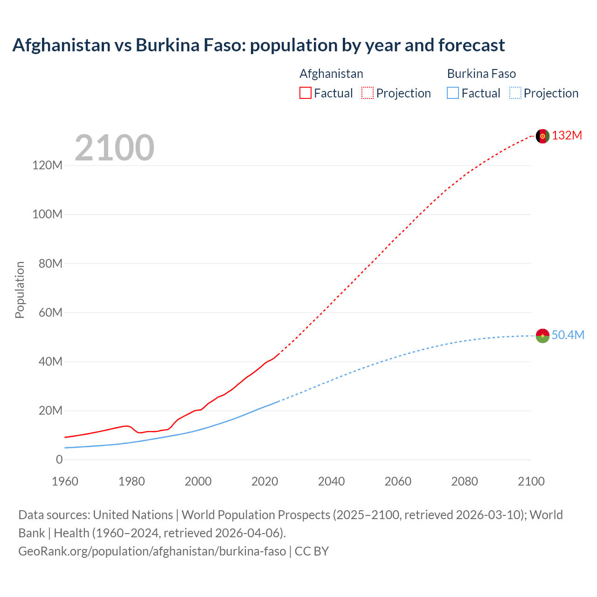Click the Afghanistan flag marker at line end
click(x=542, y=136)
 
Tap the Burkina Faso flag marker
click(x=542, y=336)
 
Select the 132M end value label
click(x=567, y=136)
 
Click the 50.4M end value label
click(x=568, y=335)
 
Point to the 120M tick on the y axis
click(x=47, y=165)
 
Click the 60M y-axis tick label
click(x=50, y=312)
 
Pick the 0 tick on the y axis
click(x=59, y=460)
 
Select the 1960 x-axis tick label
click(x=65, y=481)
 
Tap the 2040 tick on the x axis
click(x=331, y=481)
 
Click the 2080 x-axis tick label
click(x=465, y=481)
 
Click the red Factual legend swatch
click(x=305, y=93)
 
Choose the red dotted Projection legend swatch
click(x=368, y=93)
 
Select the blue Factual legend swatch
click(x=453, y=93)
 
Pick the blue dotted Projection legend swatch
click(x=515, y=93)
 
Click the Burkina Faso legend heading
click(x=481, y=74)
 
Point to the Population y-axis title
click(x=20, y=290)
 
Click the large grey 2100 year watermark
click(x=114, y=148)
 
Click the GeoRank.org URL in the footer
click(x=152, y=551)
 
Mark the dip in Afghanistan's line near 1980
click(x=139, y=432)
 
